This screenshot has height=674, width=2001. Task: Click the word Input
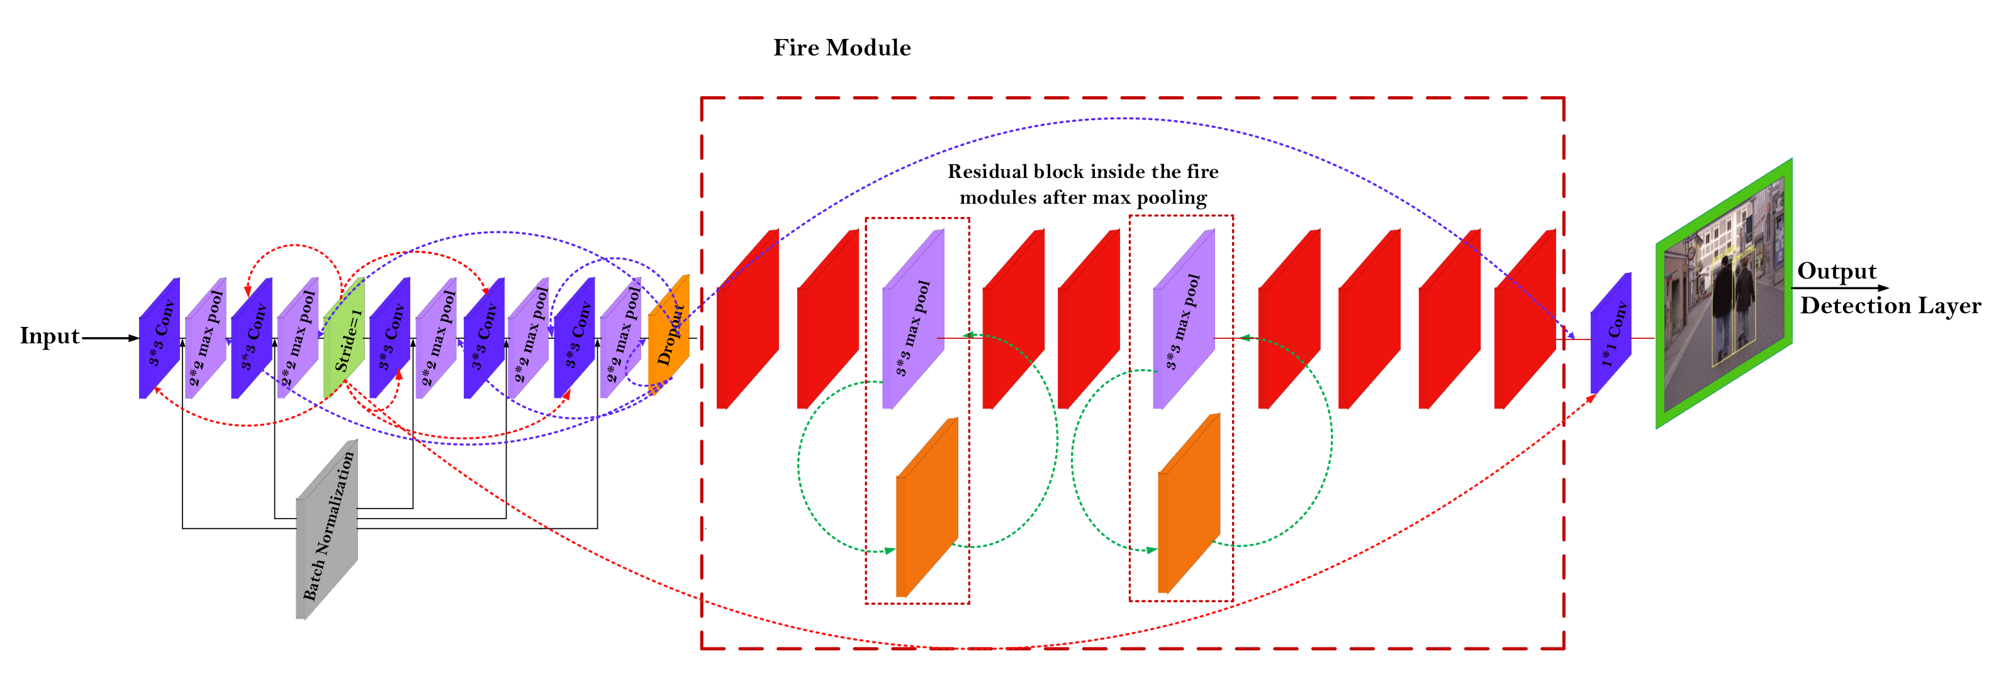pos(50,336)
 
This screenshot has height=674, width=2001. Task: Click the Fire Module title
pos(842,48)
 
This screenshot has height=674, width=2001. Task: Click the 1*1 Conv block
pos(1611,334)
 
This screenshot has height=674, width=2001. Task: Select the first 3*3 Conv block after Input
pos(159,338)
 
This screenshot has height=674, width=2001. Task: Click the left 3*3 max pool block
pos(914,320)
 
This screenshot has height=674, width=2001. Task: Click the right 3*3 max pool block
pos(1183,320)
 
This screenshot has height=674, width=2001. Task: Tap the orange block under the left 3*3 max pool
pos(927,509)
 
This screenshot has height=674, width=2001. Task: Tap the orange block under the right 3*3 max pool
pos(1189,505)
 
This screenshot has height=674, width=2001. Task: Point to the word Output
pos(1836,271)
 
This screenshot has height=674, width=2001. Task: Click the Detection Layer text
pos(1890,306)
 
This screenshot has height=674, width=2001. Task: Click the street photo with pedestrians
pos(1724,294)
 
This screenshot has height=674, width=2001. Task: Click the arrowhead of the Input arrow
pos(133,338)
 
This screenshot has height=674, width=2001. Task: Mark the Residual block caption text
pos(1083,185)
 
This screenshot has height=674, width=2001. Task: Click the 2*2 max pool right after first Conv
pos(206,338)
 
